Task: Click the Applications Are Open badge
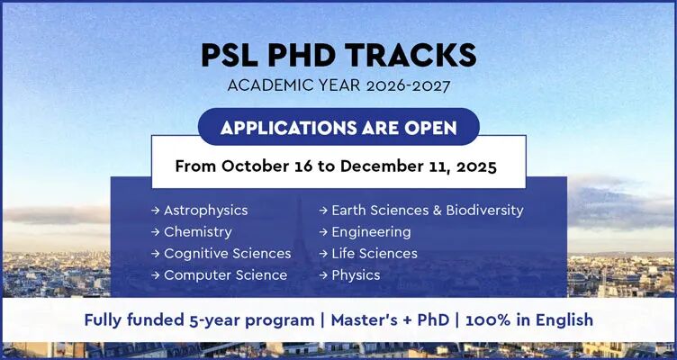point(338,127)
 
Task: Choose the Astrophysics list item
point(205,211)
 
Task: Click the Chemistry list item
point(197,232)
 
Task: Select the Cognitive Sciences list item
point(227,254)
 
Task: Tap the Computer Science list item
point(225,275)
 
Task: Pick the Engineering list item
point(371,232)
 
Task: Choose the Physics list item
point(356,275)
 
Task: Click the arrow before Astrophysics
point(156,211)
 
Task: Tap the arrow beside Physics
point(323,275)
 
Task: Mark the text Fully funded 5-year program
point(200,319)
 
